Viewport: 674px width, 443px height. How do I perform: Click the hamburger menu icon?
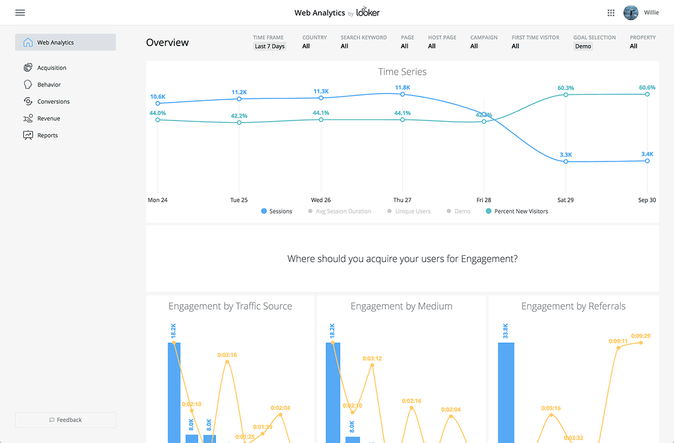pyautogui.click(x=20, y=13)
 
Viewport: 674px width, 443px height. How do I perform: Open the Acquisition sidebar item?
pyautogui.click(x=52, y=68)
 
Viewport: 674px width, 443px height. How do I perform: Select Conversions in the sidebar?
pyautogui.click(x=53, y=102)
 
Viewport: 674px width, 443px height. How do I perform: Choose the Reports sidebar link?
pyautogui.click(x=47, y=135)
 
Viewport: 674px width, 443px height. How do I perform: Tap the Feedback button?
pyautogui.click(x=65, y=420)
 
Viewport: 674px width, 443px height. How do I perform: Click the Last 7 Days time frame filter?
pyautogui.click(x=270, y=46)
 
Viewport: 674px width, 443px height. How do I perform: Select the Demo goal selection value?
pyautogui.click(x=582, y=46)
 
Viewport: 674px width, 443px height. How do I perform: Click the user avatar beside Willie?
pyautogui.click(x=631, y=12)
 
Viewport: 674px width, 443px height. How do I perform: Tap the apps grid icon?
pyautogui.click(x=611, y=13)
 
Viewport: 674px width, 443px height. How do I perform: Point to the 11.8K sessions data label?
pyautogui.click(x=402, y=88)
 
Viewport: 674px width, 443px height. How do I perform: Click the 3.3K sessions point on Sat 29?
pyautogui.click(x=566, y=161)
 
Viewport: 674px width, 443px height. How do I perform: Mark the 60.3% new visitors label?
pyautogui.click(x=566, y=88)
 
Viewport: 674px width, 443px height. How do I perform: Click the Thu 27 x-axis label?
pyautogui.click(x=402, y=200)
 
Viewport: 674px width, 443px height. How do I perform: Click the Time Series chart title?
pyautogui.click(x=402, y=72)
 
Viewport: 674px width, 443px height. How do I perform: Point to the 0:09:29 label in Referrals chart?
pyautogui.click(x=640, y=336)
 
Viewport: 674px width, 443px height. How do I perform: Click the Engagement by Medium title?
pyautogui.click(x=401, y=306)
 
